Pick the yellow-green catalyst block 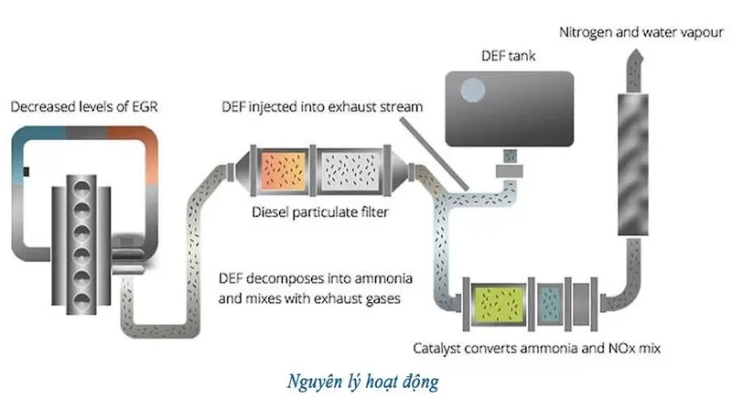point(494,304)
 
